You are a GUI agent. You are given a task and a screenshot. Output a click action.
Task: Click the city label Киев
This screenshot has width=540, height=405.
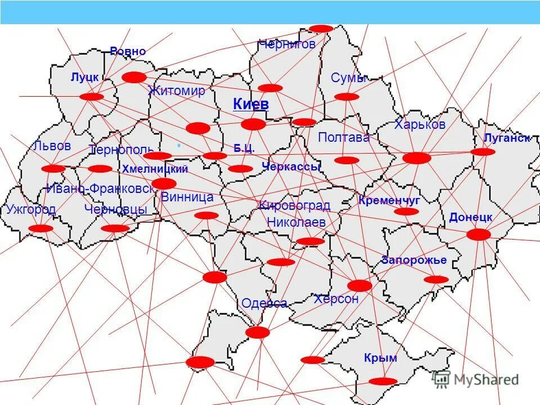251,105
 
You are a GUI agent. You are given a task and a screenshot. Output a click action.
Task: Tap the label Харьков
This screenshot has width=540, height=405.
420,124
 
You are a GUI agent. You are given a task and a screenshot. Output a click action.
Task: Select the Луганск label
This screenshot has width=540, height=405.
506,138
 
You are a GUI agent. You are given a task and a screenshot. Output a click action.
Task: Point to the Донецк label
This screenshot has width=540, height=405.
471,217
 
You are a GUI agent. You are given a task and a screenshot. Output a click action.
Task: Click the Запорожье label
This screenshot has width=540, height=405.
413,260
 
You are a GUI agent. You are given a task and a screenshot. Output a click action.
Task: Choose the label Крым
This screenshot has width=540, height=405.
380,358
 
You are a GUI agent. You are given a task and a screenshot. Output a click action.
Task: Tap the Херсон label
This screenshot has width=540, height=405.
336,299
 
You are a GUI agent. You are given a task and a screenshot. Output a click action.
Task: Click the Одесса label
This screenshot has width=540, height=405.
264,304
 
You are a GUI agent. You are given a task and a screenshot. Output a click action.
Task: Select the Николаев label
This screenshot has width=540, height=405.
296,222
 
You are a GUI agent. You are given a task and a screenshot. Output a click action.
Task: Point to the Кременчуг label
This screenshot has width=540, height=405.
389,200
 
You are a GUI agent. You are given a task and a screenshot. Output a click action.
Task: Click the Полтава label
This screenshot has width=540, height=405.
344,137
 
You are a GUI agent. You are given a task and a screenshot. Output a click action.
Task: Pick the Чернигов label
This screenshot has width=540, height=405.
287,44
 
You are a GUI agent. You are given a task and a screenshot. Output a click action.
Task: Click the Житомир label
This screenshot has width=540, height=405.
177,91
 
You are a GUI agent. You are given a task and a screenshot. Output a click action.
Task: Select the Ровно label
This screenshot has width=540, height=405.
128,52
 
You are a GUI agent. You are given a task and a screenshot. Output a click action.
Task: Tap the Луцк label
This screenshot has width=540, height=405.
84,77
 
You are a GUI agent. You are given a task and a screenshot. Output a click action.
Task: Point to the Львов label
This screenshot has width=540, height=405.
52,146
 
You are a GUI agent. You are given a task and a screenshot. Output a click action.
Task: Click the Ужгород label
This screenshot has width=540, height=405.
31,210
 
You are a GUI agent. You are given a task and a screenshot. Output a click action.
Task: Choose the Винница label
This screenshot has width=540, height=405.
187,197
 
